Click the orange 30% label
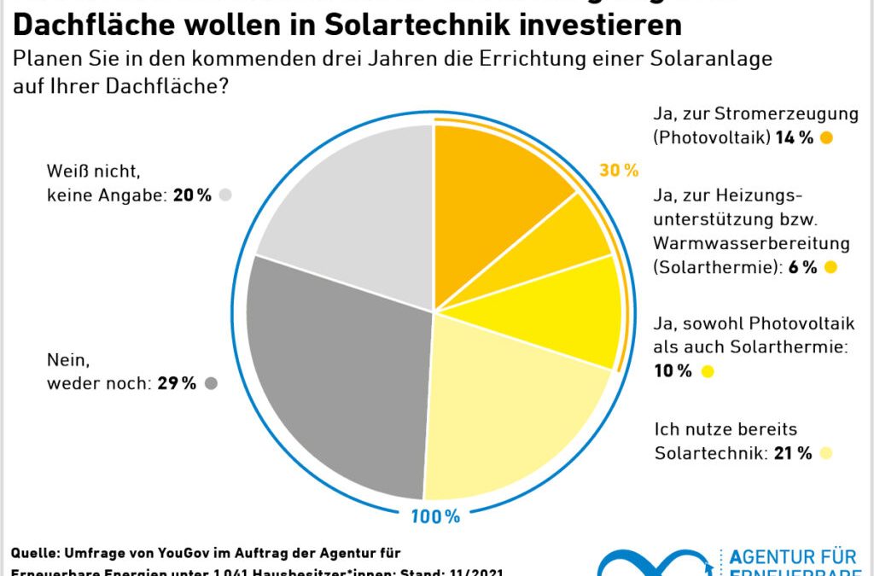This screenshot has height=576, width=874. (x=619, y=171)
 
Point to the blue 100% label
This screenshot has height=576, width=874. (x=435, y=516)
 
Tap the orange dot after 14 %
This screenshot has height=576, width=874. (x=825, y=137)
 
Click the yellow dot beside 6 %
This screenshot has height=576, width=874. (x=830, y=267)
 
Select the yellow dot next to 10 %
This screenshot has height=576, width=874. (x=706, y=371)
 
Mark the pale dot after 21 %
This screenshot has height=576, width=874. (x=824, y=453)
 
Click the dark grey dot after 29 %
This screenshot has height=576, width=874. (x=211, y=384)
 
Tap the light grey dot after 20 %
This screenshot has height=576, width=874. (x=225, y=195)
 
